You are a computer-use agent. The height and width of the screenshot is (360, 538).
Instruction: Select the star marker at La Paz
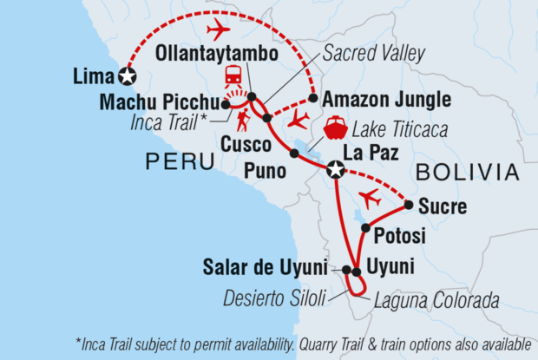tap(335, 172)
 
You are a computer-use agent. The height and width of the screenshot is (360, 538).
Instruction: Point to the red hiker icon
tap(244, 115)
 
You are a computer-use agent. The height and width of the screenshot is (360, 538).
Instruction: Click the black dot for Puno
tap(294, 154)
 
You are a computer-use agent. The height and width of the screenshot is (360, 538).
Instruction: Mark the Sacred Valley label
tap(373, 54)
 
